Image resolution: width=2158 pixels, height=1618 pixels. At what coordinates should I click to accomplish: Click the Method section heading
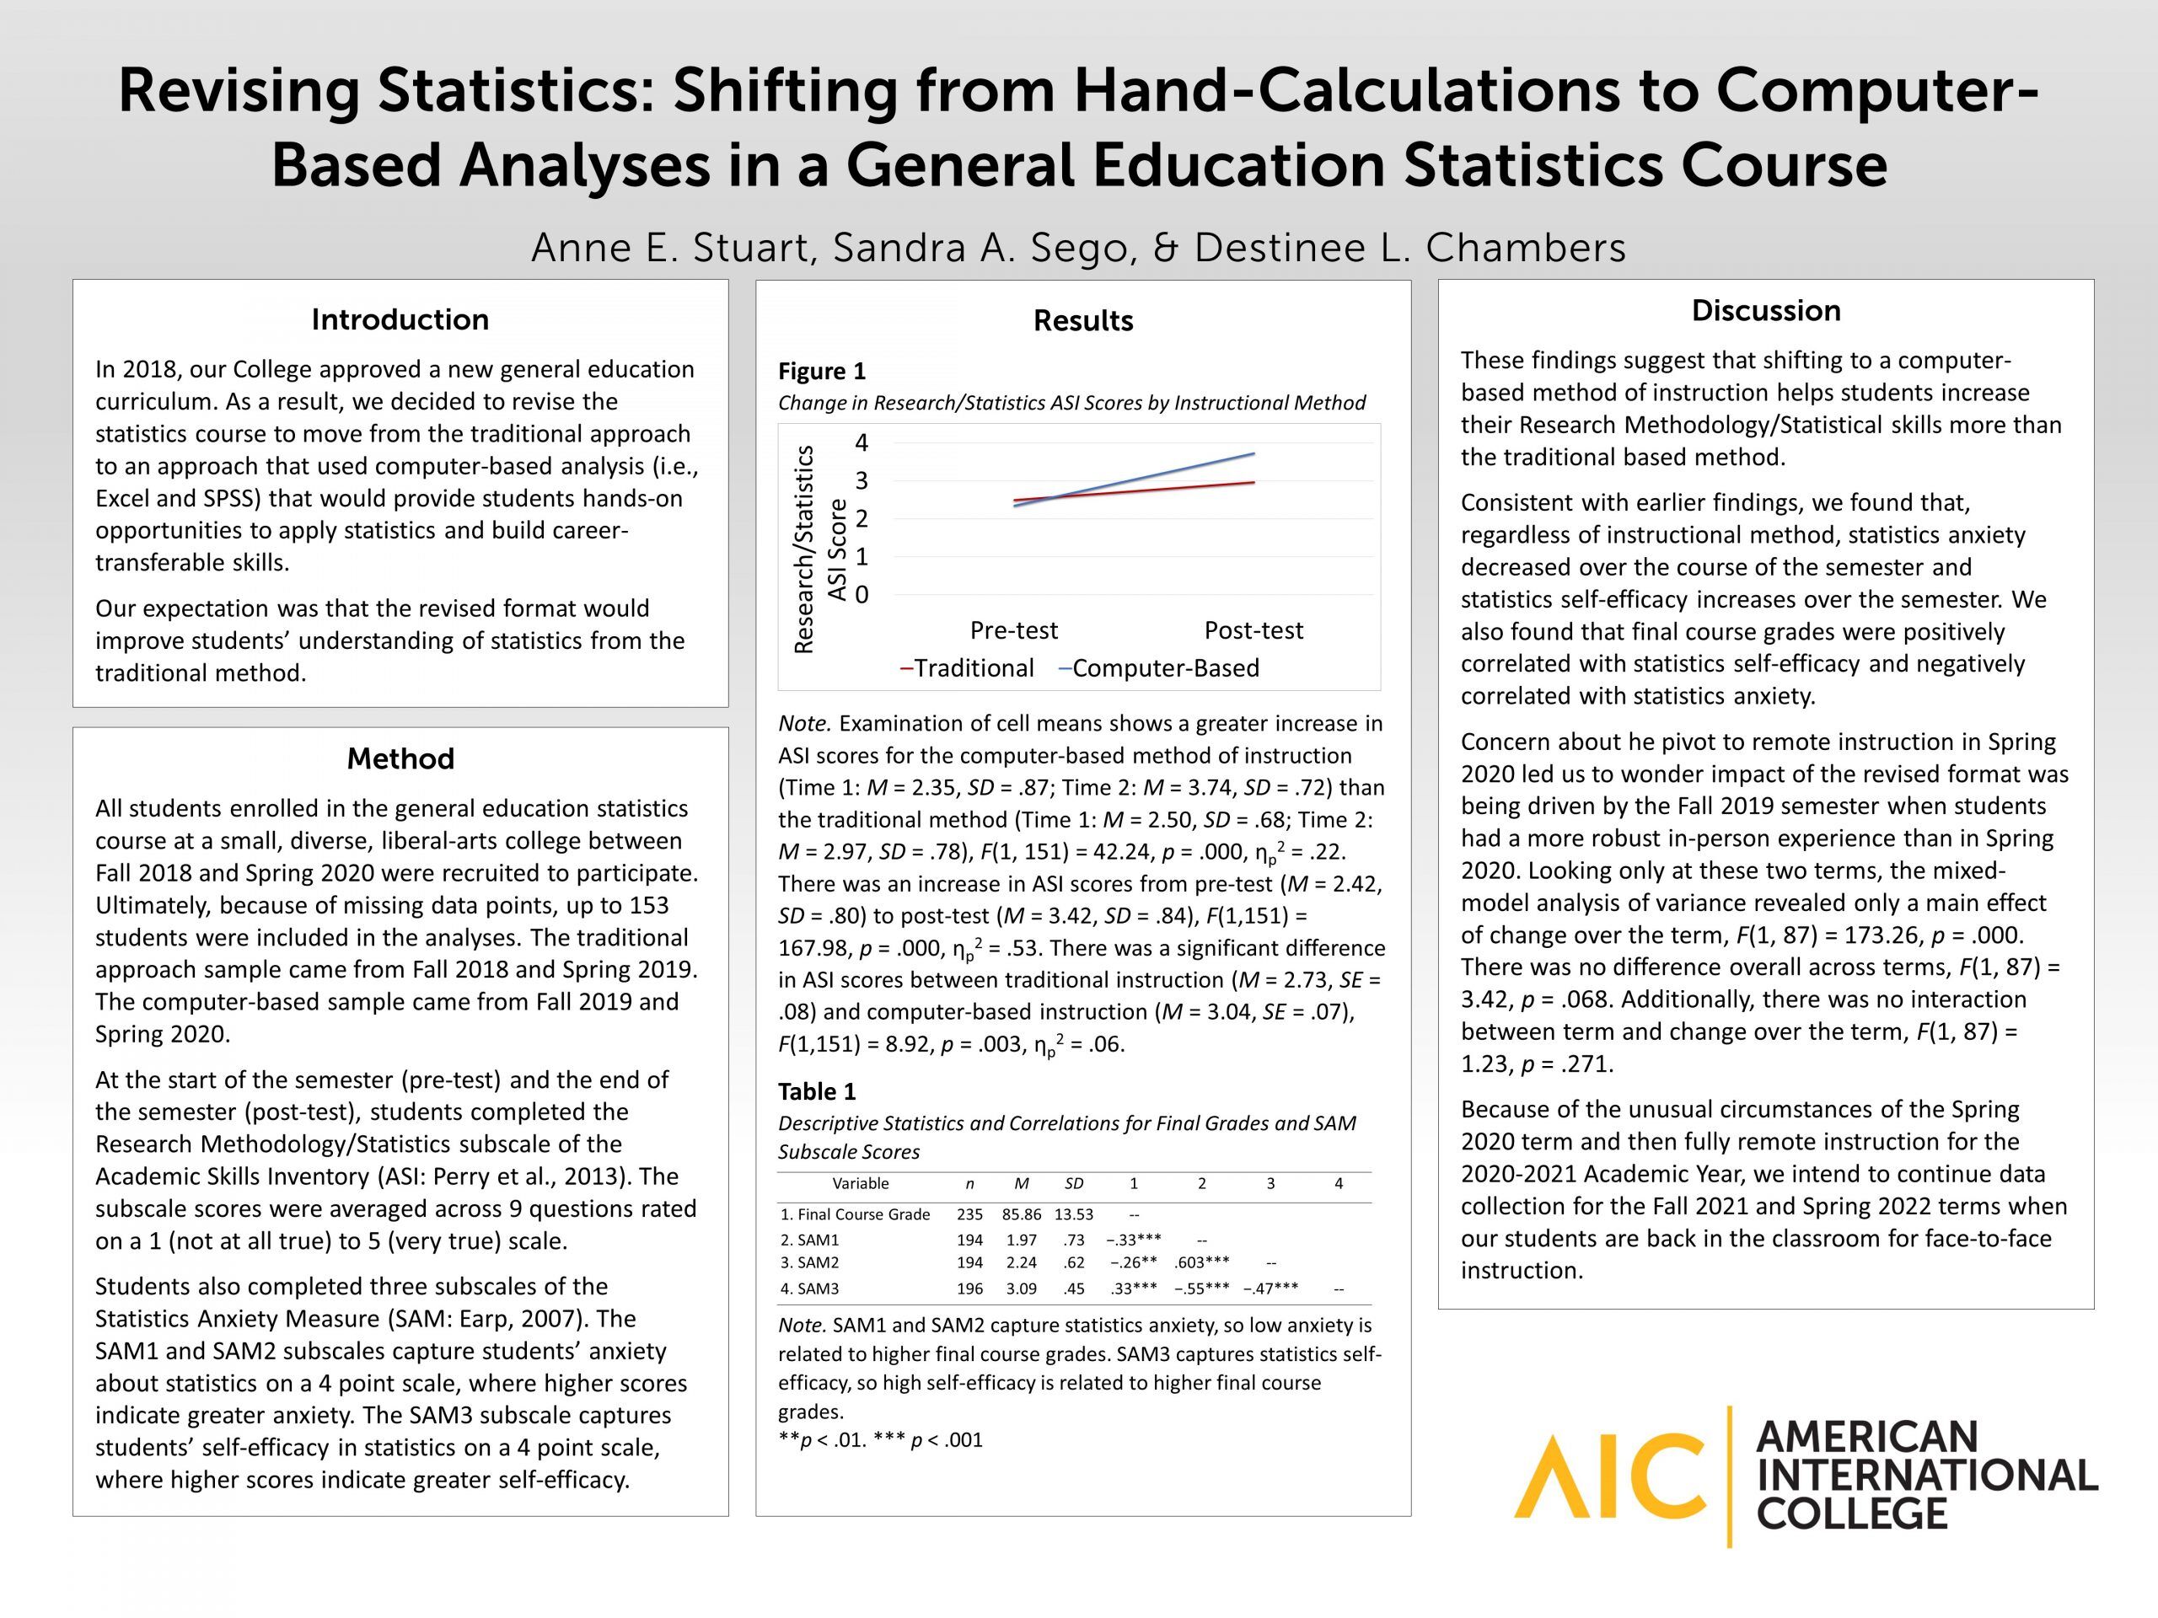400,758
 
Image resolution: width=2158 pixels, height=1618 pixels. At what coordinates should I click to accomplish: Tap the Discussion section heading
1766,310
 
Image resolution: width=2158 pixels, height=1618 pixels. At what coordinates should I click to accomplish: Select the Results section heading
1083,321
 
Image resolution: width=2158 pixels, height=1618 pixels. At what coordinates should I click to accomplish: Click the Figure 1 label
821,372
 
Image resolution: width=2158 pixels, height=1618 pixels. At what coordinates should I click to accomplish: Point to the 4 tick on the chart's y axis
862,442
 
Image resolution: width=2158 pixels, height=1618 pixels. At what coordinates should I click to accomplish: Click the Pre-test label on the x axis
1013,630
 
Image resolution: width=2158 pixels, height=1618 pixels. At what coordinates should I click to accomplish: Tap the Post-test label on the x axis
1253,630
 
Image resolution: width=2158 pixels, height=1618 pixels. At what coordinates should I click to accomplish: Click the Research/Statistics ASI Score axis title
819,549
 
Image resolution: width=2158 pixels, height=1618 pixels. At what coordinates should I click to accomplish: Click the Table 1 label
817,1091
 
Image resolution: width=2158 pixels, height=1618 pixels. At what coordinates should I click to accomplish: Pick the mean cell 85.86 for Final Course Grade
1022,1214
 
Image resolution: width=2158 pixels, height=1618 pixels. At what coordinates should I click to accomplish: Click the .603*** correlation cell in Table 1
1202,1262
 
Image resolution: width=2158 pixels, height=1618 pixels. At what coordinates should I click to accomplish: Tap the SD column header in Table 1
1073,1183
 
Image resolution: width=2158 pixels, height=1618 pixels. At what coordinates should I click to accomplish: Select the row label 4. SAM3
810,1289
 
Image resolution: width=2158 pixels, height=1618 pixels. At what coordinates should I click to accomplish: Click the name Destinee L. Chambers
1409,248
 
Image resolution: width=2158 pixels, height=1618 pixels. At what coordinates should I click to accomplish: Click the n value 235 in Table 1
969,1214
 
